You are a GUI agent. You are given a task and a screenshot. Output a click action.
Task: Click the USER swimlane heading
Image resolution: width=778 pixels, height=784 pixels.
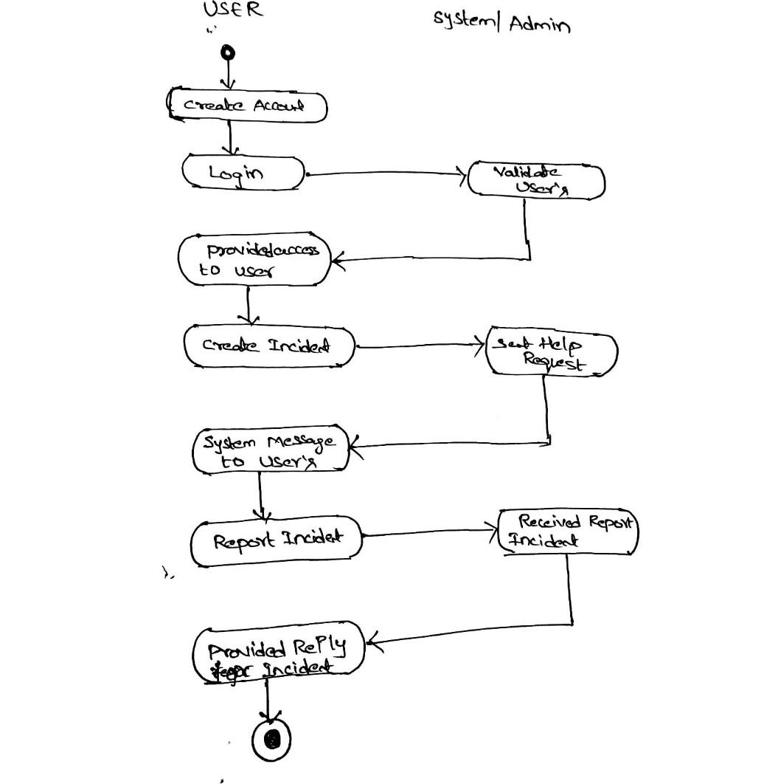coord(232,10)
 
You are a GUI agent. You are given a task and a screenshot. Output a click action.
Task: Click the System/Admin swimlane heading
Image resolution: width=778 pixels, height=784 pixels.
coord(501,23)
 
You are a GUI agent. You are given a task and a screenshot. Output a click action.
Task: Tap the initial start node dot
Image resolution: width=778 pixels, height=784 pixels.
coord(228,52)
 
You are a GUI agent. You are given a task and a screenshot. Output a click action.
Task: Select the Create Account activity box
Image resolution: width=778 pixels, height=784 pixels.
coord(246,106)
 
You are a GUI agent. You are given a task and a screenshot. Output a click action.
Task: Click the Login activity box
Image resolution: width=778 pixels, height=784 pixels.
coord(243,173)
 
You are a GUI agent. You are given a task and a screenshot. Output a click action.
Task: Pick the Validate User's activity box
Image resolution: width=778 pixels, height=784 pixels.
coord(537,181)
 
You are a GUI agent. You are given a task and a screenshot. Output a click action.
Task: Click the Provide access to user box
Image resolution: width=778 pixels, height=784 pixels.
coord(254,260)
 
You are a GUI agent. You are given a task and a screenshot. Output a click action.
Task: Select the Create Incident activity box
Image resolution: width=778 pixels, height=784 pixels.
coord(269,345)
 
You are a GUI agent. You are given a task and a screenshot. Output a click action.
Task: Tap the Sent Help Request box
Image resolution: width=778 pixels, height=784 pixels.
coord(551,354)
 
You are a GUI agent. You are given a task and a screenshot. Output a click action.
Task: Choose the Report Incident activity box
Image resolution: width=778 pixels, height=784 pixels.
coord(277,540)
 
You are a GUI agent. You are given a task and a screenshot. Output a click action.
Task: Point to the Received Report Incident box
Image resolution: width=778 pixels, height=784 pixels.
coord(568,532)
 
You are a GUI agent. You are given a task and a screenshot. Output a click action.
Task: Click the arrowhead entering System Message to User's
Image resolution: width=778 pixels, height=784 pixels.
coord(354,446)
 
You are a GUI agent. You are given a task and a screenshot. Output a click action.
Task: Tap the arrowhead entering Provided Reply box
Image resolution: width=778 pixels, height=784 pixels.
coord(372,644)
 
